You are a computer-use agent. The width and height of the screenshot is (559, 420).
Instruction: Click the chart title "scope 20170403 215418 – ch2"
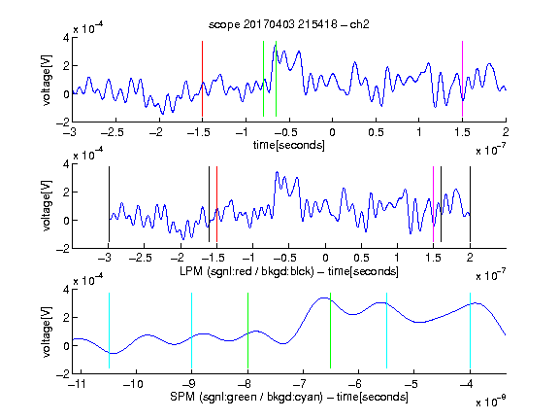289,24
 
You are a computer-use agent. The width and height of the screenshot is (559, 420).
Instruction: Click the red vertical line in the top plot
202,79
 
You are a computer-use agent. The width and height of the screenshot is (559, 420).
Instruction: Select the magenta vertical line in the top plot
462,79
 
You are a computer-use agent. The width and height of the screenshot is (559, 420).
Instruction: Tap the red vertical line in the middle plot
216,204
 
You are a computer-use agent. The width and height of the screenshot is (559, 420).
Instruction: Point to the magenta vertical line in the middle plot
433,204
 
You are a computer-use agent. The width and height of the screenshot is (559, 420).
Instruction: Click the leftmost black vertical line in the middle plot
109,204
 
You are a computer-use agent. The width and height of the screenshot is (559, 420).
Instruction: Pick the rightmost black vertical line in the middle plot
470,204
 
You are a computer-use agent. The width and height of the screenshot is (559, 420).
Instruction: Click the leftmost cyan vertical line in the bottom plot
109,331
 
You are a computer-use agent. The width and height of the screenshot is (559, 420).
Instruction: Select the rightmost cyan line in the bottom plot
470,331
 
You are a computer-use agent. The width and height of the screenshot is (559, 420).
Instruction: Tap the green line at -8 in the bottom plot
247,331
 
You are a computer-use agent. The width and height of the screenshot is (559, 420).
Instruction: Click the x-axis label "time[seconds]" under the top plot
289,145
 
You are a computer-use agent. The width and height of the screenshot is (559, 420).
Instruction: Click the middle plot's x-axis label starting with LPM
289,271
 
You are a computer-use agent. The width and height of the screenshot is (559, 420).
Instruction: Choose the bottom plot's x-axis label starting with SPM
289,397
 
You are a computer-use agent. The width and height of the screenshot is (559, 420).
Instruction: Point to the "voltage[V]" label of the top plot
47,80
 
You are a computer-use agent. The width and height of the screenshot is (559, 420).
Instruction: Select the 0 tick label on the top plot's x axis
332,132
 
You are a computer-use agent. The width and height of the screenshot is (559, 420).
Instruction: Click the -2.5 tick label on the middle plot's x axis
141,258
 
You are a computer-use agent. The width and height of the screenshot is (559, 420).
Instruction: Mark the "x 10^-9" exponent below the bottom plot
490,402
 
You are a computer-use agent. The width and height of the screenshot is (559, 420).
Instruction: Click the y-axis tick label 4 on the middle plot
66,164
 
